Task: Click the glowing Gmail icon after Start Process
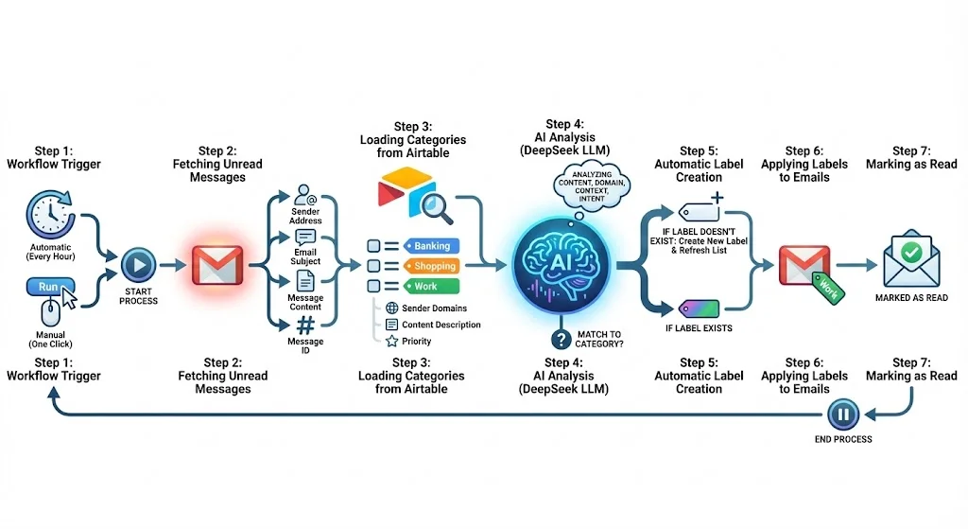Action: pos(217,267)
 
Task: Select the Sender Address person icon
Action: pos(305,196)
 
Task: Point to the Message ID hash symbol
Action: pos(305,325)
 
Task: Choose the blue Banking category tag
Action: pos(430,246)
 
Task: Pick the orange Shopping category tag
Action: pos(430,266)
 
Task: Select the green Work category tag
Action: pos(430,286)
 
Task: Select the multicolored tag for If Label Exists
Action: pos(700,309)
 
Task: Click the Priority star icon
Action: pos(391,342)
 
